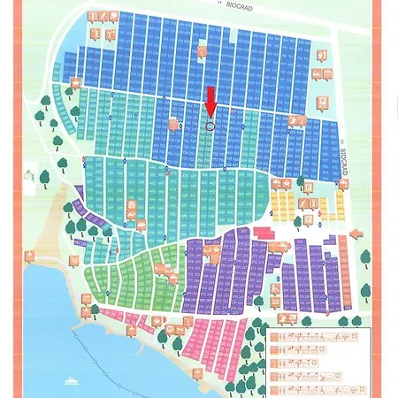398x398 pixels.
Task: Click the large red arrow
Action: coord(210,101)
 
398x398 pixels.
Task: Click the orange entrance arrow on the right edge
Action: coord(355,233)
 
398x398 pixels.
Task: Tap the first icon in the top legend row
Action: coord(276,338)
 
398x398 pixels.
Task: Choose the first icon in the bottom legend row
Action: coord(276,390)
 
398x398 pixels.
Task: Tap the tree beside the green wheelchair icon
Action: coord(44,176)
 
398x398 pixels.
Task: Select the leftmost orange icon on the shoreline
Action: coord(31,256)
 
